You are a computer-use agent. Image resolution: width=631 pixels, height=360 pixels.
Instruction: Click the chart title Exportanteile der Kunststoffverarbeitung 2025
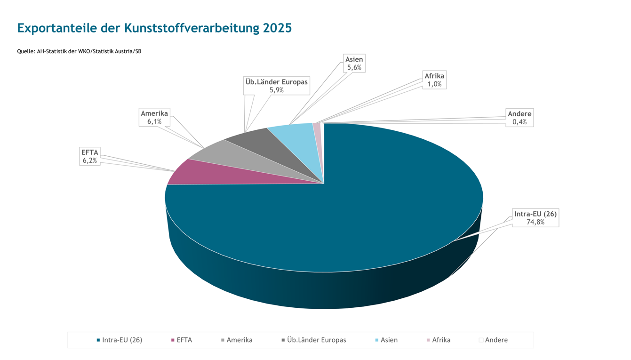[x=154, y=28]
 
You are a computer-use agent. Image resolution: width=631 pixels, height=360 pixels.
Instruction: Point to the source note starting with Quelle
[x=79, y=51]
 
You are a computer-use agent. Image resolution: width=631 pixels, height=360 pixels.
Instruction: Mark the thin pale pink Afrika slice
[x=318, y=135]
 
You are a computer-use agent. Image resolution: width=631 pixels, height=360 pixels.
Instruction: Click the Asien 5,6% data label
[x=354, y=64]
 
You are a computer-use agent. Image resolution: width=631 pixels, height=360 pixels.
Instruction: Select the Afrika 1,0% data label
[x=434, y=80]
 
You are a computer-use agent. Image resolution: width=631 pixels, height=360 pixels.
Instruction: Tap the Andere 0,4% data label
[x=519, y=118]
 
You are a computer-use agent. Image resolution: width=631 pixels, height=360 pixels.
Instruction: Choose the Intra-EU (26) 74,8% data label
[x=535, y=218]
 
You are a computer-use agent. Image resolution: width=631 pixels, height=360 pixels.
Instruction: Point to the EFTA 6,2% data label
[x=90, y=156]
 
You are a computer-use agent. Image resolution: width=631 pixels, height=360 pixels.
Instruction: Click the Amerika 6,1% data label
[x=154, y=117]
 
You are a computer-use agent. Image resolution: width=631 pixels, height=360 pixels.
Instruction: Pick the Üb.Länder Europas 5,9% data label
[x=277, y=86]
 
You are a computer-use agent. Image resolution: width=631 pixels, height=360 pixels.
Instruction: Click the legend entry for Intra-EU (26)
[x=120, y=340]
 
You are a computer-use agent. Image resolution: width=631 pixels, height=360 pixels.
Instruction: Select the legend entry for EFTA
[x=182, y=340]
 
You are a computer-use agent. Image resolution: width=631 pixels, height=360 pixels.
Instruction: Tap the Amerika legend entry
[x=237, y=340]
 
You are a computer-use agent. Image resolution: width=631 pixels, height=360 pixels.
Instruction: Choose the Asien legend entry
[x=386, y=340]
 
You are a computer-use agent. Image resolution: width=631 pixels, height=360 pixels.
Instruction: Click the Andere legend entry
[x=493, y=340]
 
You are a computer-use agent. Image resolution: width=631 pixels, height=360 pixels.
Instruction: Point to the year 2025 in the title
[x=278, y=28]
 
